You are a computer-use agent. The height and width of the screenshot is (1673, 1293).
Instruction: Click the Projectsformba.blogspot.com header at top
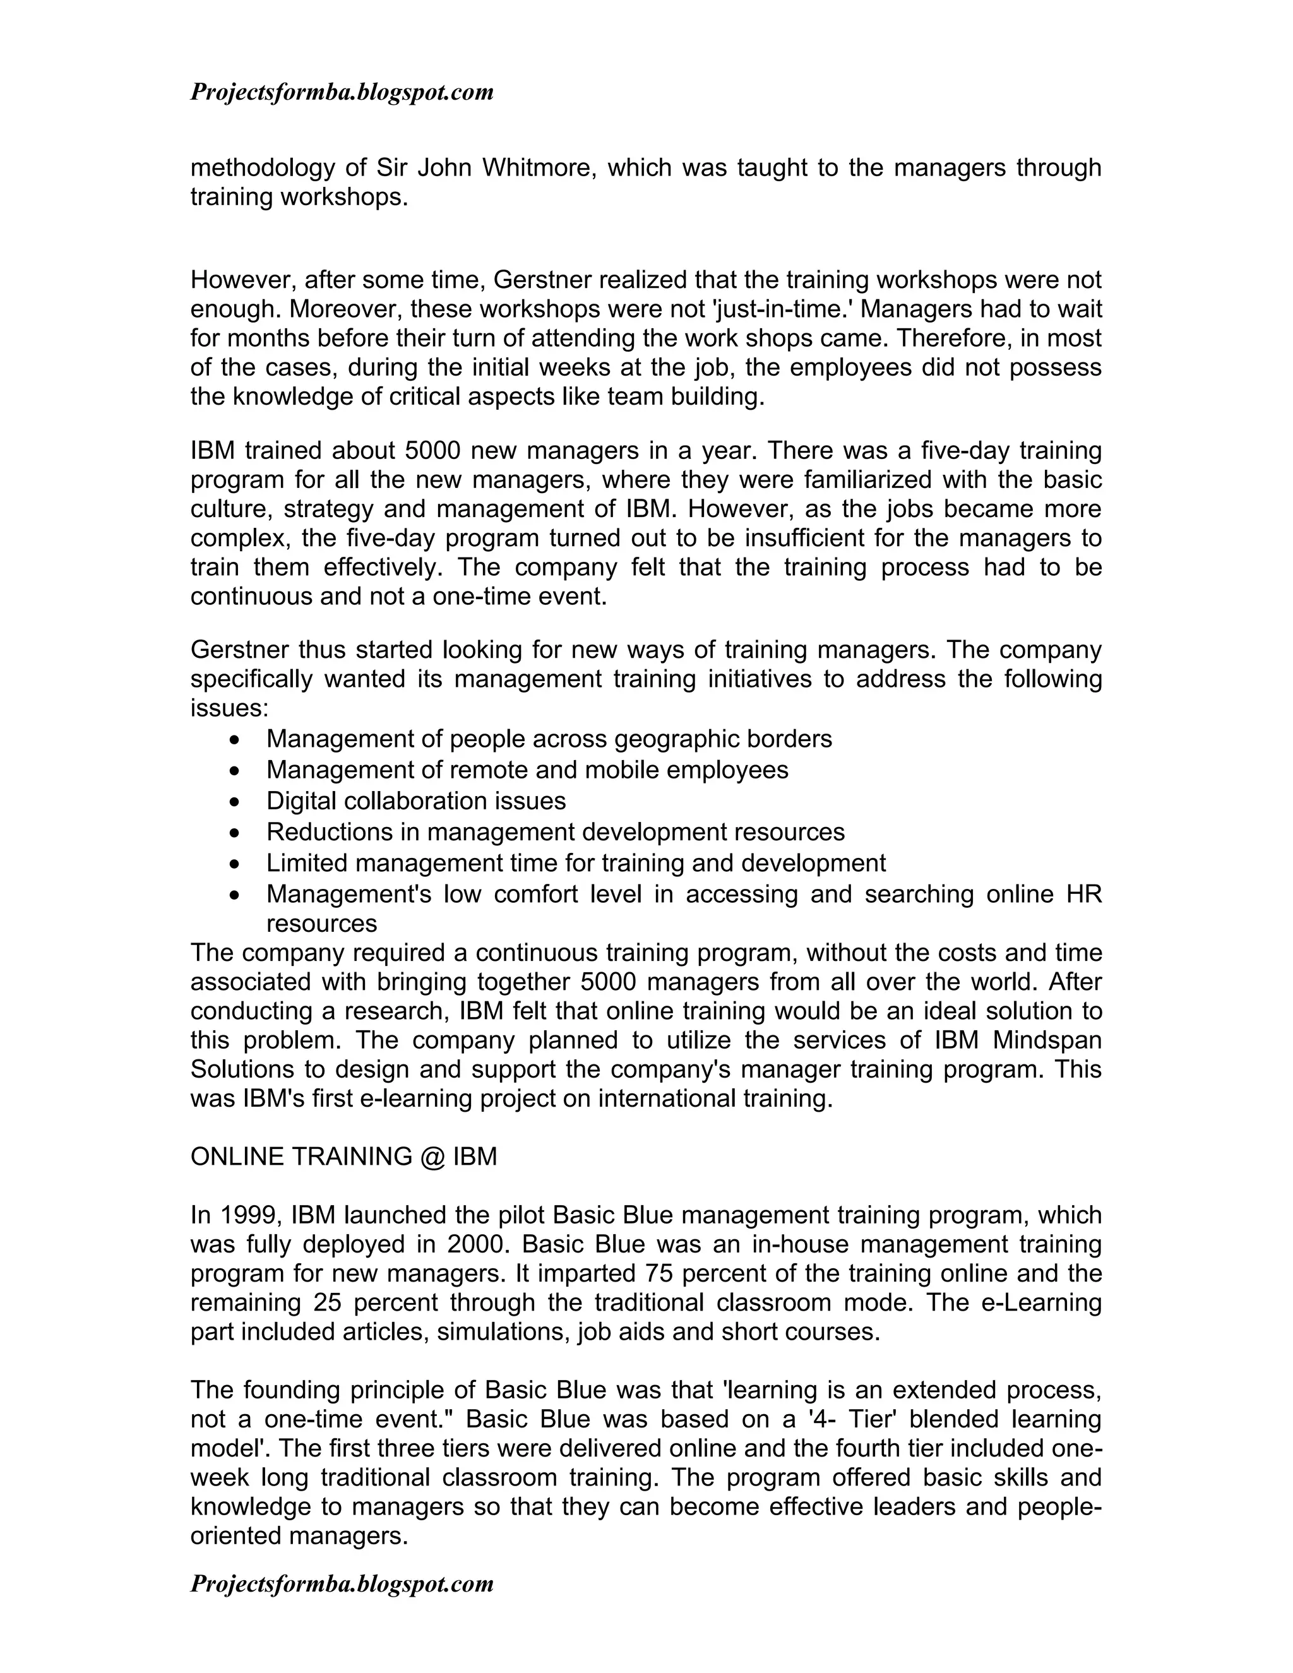click(342, 93)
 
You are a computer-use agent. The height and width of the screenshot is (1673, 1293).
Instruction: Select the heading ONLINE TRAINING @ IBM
click(344, 1156)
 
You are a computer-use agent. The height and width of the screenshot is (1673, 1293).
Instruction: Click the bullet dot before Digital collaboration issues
click(234, 802)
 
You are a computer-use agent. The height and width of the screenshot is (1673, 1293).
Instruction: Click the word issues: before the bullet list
click(229, 708)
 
